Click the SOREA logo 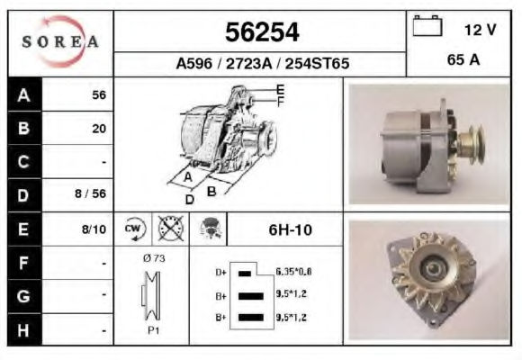click(60, 41)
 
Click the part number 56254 click(262, 32)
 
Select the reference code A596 click(194, 63)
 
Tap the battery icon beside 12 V click(427, 25)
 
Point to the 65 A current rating click(463, 59)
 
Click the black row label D click(24, 195)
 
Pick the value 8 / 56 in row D click(91, 193)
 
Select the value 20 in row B click(99, 129)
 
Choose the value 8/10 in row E click(94, 229)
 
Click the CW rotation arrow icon click(133, 229)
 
